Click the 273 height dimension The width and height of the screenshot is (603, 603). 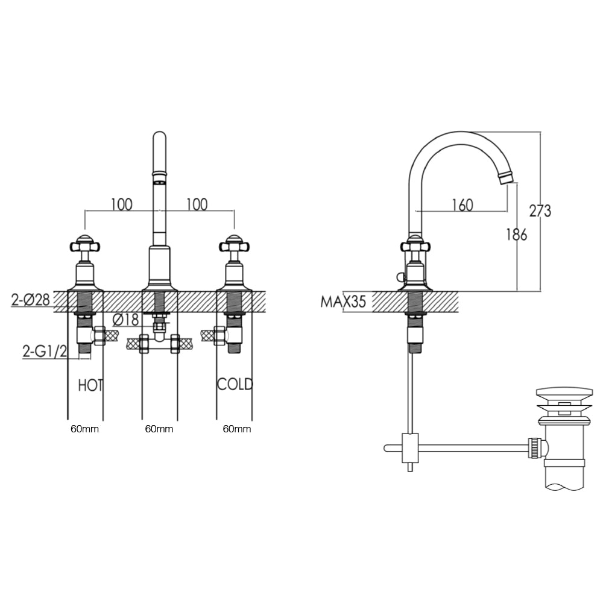540,211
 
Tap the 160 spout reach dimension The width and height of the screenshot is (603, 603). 462,205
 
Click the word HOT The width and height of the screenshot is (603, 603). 90,385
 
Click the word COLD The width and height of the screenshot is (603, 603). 235,385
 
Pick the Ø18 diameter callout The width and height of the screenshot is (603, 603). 125,320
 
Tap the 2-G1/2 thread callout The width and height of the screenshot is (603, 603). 45,352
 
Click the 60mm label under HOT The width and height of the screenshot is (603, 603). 85,429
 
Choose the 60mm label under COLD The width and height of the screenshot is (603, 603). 236,429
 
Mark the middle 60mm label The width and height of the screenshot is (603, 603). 159,429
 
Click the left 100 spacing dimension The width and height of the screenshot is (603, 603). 121,204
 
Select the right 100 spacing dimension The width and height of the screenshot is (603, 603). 197,204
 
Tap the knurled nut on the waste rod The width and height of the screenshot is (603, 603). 534,447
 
